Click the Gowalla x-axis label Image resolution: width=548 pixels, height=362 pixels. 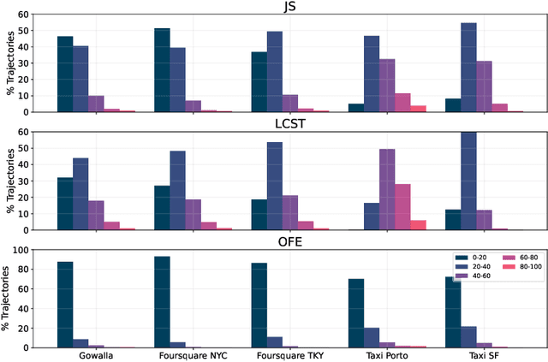click(96, 353)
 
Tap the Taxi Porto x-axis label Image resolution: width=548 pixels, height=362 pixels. click(387, 353)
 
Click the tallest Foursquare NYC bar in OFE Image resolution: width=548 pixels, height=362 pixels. click(162, 302)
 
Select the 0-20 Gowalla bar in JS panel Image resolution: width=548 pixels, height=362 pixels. click(65, 74)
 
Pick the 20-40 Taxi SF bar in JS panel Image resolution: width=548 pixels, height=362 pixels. click(468, 67)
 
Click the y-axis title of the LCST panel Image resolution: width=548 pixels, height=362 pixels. click(10, 181)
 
